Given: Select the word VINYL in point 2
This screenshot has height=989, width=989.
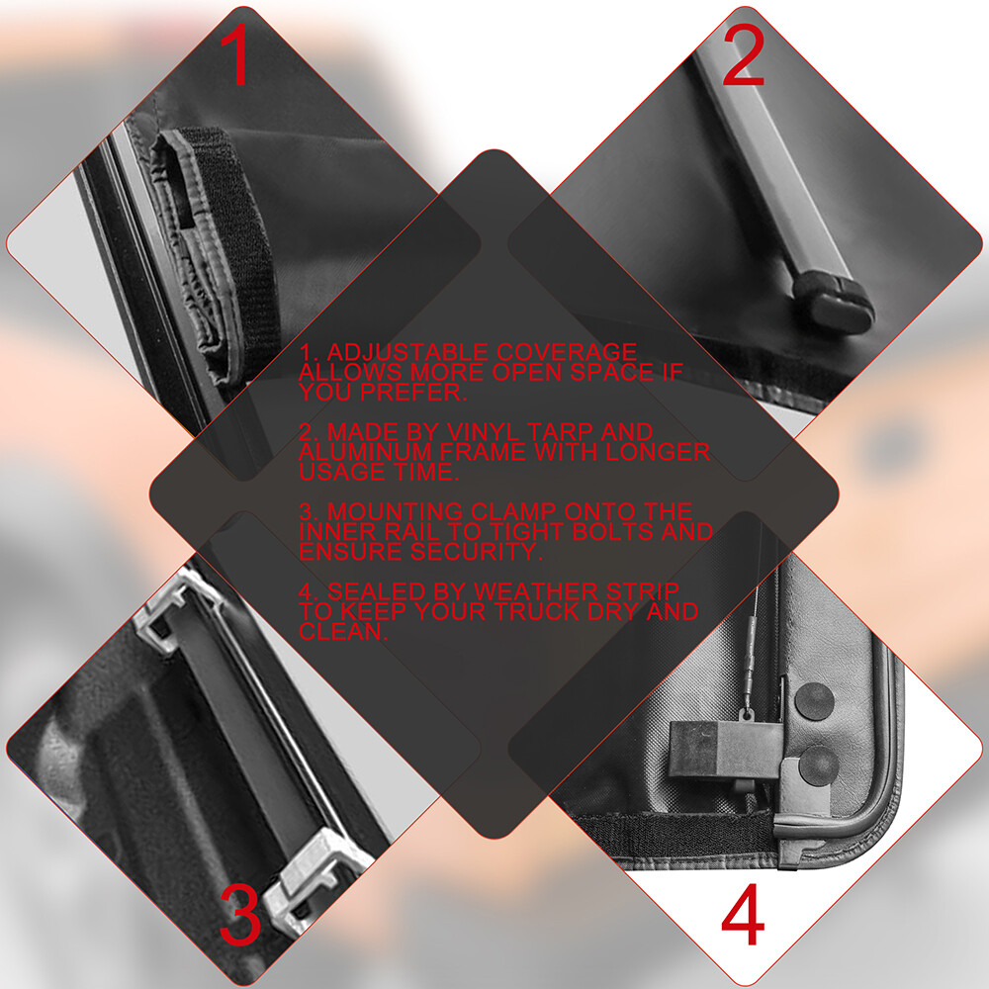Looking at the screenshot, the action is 484,432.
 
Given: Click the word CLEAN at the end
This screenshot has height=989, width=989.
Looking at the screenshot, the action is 342,631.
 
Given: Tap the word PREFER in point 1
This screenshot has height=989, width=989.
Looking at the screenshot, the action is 412,393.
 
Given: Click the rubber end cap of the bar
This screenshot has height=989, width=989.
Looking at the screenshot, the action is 834,302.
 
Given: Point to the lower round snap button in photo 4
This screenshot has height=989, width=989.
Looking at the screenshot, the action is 819,765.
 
